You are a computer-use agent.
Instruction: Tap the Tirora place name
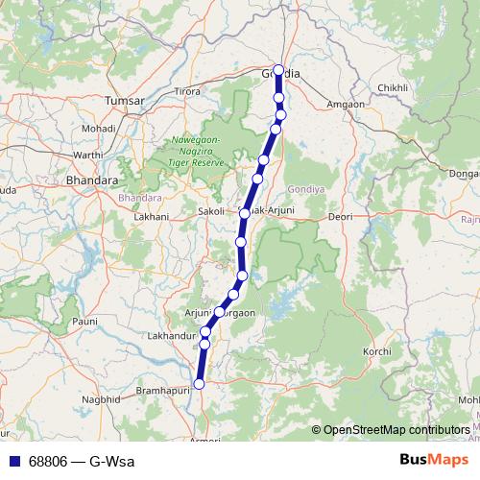(x=186, y=91)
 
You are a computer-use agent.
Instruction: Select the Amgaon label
(x=346, y=103)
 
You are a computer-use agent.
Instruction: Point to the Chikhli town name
(x=393, y=87)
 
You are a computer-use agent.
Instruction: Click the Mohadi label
(x=98, y=128)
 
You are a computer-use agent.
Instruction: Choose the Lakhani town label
(x=151, y=217)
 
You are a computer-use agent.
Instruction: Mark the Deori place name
(x=341, y=217)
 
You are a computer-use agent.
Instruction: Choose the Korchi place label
(x=376, y=352)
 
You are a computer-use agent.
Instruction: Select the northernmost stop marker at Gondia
(x=278, y=70)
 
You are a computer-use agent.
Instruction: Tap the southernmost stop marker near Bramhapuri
(x=200, y=384)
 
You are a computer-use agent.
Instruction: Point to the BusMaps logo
(x=432, y=461)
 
